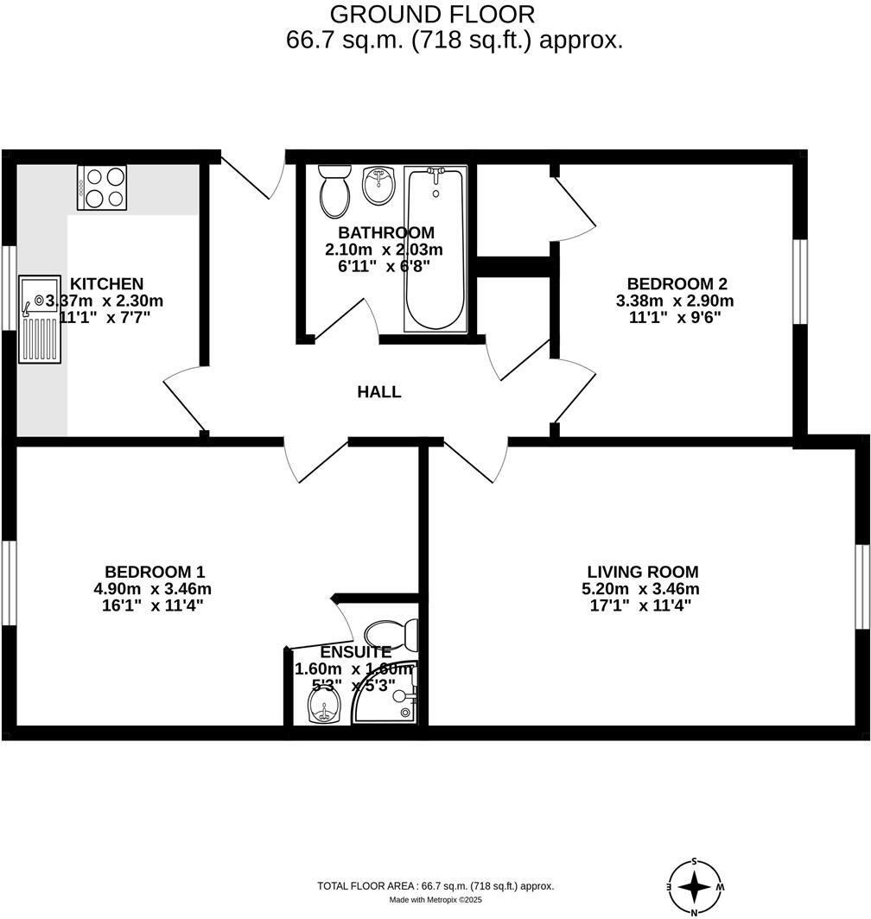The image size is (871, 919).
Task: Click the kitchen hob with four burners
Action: [102, 187]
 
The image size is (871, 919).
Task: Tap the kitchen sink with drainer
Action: [41, 320]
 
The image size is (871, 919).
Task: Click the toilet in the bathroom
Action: [334, 192]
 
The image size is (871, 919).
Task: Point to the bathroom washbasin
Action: [378, 186]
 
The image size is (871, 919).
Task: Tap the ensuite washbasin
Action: [324, 711]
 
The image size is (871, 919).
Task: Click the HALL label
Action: [379, 392]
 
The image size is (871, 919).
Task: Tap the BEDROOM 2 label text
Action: [677, 283]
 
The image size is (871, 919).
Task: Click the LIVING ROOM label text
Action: [642, 572]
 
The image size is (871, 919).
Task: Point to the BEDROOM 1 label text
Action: [155, 572]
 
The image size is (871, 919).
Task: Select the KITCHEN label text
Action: [106, 283]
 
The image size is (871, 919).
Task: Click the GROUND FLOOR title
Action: [433, 15]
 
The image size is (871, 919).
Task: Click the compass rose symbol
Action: [696, 887]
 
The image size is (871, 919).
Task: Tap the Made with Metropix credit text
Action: [435, 900]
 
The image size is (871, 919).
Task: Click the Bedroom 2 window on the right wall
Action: [799, 282]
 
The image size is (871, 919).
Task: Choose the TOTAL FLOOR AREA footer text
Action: [435, 886]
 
